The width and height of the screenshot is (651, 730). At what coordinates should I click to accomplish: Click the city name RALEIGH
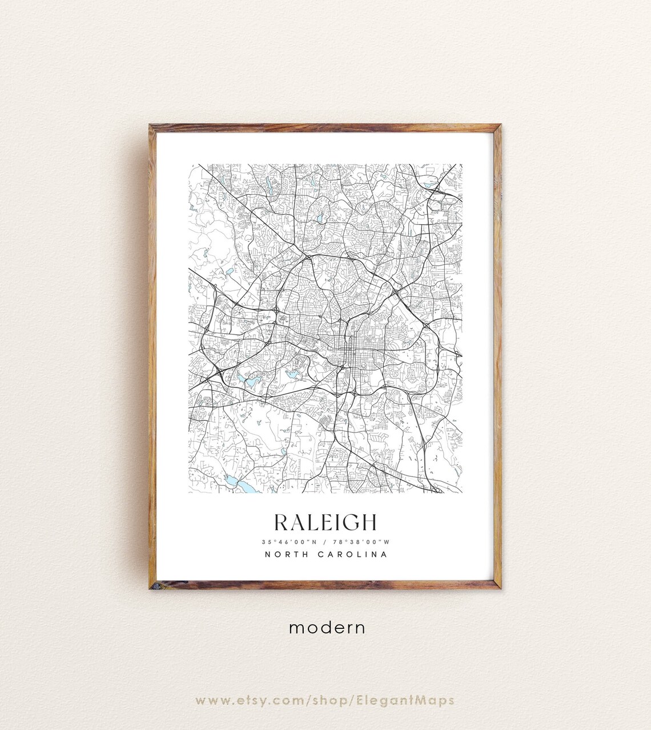(x=325, y=522)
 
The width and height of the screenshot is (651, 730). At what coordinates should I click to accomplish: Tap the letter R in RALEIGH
(x=281, y=522)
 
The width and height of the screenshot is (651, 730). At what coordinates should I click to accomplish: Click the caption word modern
(x=327, y=627)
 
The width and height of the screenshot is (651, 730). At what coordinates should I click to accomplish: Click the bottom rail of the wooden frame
(x=325, y=585)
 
